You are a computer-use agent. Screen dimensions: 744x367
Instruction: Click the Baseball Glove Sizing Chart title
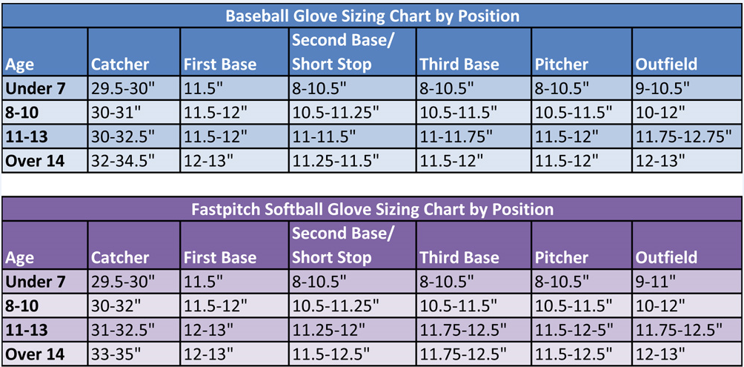point(372,16)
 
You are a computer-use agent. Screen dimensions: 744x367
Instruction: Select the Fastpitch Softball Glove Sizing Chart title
point(372,209)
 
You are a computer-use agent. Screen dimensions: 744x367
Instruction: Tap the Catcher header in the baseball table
point(120,64)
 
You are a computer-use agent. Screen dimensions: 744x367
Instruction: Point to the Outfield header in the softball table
point(665,257)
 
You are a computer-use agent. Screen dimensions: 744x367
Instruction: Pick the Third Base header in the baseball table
point(459,64)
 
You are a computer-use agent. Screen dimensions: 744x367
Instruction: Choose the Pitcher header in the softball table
point(561,257)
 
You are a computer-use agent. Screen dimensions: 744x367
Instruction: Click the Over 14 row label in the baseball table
point(35,161)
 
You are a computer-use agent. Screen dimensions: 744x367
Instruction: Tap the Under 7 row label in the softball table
point(35,282)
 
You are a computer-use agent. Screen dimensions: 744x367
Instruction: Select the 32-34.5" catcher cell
point(122,161)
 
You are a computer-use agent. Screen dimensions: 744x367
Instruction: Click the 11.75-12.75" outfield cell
point(682,136)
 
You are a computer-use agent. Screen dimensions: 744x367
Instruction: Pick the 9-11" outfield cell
point(655,282)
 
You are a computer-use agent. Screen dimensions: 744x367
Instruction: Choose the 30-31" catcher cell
point(114,113)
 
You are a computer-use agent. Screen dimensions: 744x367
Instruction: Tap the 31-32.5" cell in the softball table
point(122,329)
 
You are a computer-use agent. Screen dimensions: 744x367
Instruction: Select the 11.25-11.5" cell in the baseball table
point(336,161)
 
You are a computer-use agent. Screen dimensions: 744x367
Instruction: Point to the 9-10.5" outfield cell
point(663,88)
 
